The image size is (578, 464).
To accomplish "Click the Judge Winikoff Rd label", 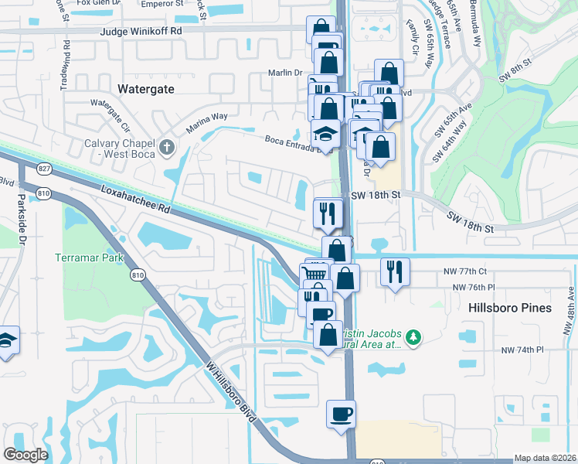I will (141, 32).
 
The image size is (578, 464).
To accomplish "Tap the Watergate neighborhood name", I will (146, 89).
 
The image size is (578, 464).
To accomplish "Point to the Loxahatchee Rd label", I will (134, 197).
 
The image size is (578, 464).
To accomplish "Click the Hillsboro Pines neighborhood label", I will (510, 308).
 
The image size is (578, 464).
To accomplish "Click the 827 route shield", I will (43, 169).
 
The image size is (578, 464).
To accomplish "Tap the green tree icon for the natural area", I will (414, 336).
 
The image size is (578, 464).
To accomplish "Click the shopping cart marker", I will (314, 273).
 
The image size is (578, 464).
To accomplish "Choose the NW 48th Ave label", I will (569, 311).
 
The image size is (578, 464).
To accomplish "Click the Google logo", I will (26, 455).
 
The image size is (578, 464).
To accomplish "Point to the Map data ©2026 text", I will (546, 458).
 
